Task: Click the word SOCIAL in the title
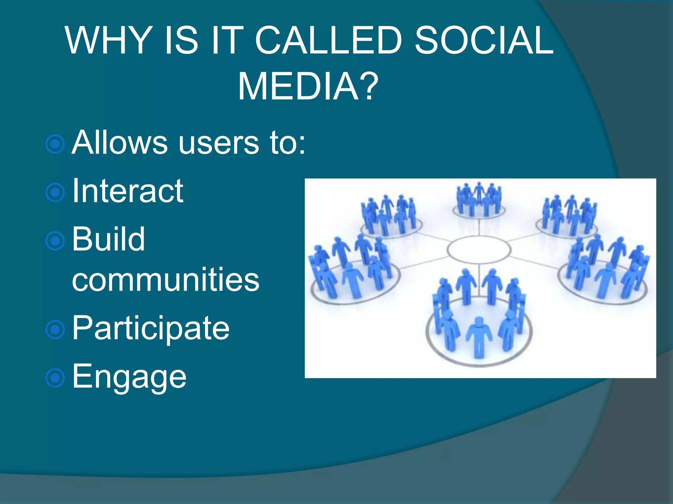(484, 40)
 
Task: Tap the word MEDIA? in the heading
(308, 87)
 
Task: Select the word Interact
(128, 191)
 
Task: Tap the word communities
(166, 280)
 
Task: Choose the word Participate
(151, 328)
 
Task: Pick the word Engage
(129, 377)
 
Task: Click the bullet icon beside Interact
(55, 192)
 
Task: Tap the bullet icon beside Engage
(55, 378)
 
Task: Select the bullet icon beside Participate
(55, 329)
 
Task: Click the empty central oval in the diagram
(479, 250)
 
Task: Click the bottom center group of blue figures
(479, 315)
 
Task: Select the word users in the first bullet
(219, 143)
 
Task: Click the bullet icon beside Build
(55, 241)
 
